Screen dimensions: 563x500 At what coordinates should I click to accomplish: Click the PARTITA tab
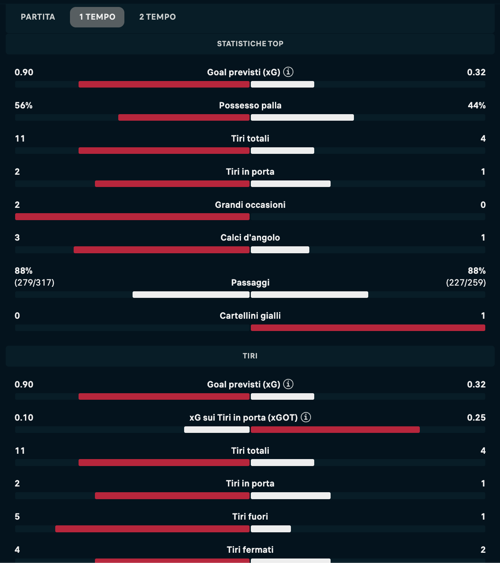click(38, 17)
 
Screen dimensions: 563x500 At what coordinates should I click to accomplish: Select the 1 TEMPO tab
click(97, 17)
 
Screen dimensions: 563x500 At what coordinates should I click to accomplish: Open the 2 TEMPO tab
click(158, 17)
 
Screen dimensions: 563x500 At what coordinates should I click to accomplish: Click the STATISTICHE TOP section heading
click(250, 44)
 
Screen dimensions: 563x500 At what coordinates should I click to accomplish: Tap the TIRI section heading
click(250, 356)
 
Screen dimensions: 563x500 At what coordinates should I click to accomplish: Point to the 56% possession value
click(24, 106)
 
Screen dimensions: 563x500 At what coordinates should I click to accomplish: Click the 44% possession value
click(477, 106)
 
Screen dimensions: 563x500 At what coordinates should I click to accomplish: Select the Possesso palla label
click(250, 106)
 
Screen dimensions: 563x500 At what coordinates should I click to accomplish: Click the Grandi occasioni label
click(250, 205)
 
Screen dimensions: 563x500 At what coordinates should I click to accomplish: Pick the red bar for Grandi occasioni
click(132, 217)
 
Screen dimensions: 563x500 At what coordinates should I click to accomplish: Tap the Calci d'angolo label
click(250, 238)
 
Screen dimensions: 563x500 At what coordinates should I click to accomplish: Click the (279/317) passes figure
click(34, 283)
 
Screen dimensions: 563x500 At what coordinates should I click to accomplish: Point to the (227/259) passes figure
click(466, 283)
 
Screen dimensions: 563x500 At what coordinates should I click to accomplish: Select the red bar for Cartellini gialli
click(368, 328)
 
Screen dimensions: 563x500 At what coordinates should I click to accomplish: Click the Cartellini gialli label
click(250, 316)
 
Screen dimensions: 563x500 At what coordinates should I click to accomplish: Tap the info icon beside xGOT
click(306, 417)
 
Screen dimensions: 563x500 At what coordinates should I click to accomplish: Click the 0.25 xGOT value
click(476, 418)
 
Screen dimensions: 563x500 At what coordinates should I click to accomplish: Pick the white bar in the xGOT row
click(217, 430)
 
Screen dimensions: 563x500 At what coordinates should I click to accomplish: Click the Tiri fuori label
click(250, 517)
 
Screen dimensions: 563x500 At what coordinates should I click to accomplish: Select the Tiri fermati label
click(250, 550)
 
